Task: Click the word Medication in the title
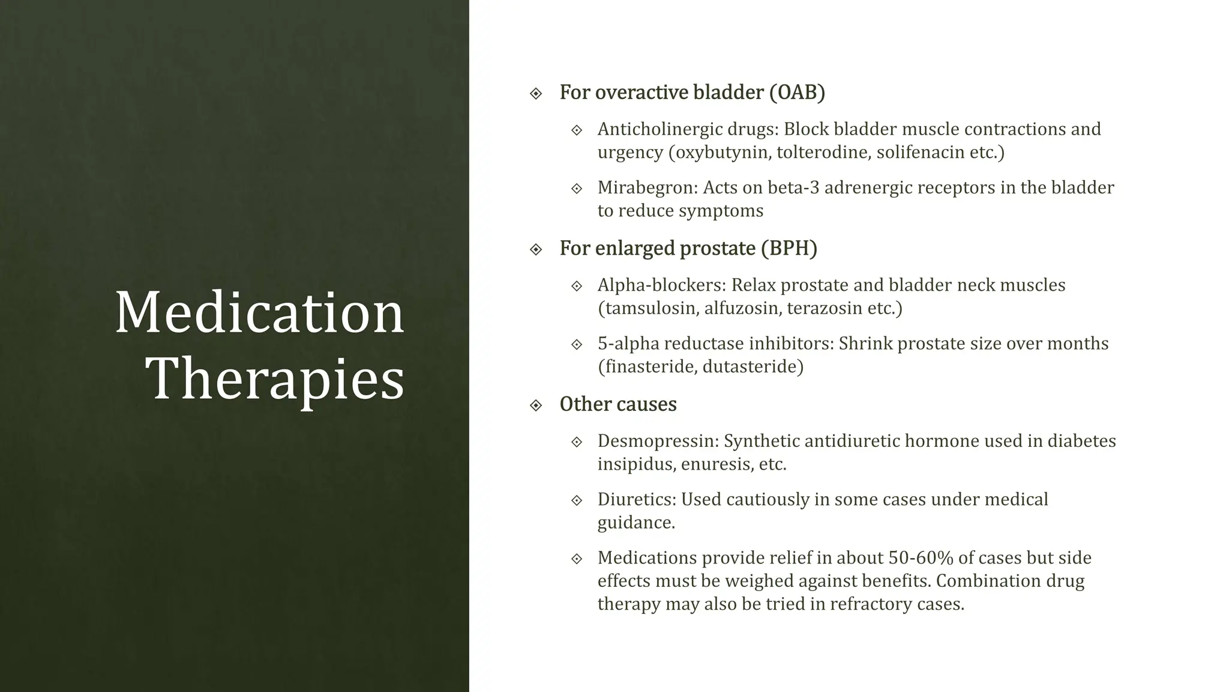point(259,312)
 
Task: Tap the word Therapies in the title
point(275,378)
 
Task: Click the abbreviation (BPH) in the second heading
point(789,248)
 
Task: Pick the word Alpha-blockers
point(661,285)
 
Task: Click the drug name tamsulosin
point(652,308)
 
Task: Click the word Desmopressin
point(658,441)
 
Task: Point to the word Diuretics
point(636,499)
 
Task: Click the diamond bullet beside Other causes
point(536,405)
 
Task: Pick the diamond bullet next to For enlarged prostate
point(536,249)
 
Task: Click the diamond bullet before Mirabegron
point(577,189)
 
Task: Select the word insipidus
point(636,464)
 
